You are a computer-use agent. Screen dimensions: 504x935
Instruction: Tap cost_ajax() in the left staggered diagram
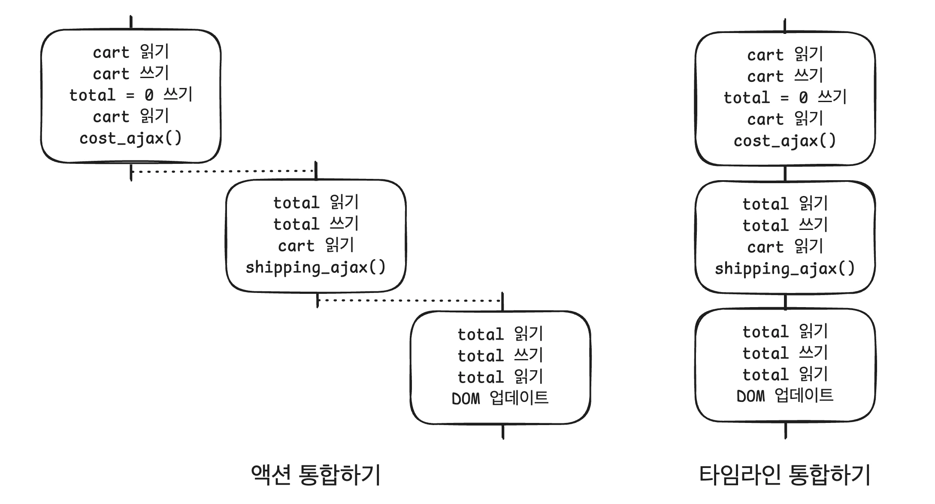131,139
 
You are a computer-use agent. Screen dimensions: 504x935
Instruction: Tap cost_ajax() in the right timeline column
785,141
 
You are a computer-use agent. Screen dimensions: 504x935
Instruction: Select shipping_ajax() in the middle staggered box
316,268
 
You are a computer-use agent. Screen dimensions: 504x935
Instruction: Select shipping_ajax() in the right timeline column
785,269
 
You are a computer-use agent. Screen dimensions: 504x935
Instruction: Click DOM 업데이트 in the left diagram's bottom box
500,398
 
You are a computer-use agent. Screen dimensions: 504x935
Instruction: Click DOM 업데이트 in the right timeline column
785,396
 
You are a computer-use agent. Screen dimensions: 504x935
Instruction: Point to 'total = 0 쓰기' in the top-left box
131,95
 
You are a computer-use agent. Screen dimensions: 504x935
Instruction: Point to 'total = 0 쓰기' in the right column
785,98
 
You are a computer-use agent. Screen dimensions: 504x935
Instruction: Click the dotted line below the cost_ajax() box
223,171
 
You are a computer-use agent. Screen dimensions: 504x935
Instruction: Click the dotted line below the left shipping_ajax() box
410,300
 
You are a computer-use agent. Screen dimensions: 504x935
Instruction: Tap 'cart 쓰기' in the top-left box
131,74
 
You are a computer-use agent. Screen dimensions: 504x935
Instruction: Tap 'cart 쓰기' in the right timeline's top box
785,76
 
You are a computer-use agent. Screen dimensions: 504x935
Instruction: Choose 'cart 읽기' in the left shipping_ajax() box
316,246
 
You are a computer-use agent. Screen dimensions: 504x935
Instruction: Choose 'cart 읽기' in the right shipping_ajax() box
785,247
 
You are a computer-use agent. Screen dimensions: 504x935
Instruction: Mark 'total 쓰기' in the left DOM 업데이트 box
500,356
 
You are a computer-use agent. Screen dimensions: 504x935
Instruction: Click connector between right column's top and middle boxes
785,173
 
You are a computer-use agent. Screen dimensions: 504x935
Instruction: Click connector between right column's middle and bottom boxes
785,302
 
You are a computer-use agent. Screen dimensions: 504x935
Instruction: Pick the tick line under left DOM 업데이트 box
503,432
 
